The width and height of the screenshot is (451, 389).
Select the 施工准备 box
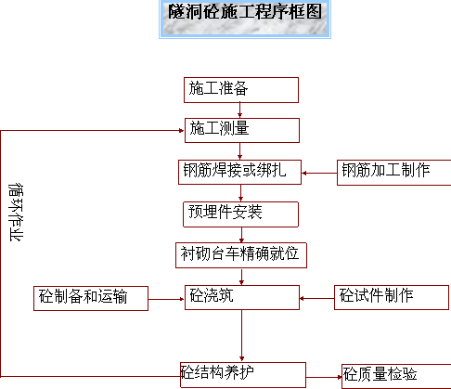point(241,90)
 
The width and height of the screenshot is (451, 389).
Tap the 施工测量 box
point(242,130)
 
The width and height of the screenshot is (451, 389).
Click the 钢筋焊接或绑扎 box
point(240,172)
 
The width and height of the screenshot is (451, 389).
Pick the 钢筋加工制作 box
point(394,173)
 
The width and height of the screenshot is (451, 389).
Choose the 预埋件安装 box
point(241,214)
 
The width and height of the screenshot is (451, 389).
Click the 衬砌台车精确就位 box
point(241,255)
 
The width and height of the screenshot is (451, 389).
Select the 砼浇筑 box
point(242,297)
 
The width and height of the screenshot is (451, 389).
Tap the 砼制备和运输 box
point(91,298)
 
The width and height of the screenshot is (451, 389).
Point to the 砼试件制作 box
point(392,297)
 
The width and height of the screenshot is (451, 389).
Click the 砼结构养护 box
point(243,375)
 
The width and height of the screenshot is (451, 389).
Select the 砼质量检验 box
point(396,377)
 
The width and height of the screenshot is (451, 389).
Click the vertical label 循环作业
point(16,212)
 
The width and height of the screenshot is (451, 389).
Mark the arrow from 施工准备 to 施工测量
point(239,110)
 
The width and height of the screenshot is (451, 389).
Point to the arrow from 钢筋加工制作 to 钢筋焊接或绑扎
point(319,173)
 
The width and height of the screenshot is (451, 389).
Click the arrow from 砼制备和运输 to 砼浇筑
point(166,299)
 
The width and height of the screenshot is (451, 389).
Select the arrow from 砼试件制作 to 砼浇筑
point(317,298)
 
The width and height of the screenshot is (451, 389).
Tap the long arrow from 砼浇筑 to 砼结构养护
point(241,336)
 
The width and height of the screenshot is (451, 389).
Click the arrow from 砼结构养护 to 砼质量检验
point(324,377)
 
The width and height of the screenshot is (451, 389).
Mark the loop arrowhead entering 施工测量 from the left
point(182,130)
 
